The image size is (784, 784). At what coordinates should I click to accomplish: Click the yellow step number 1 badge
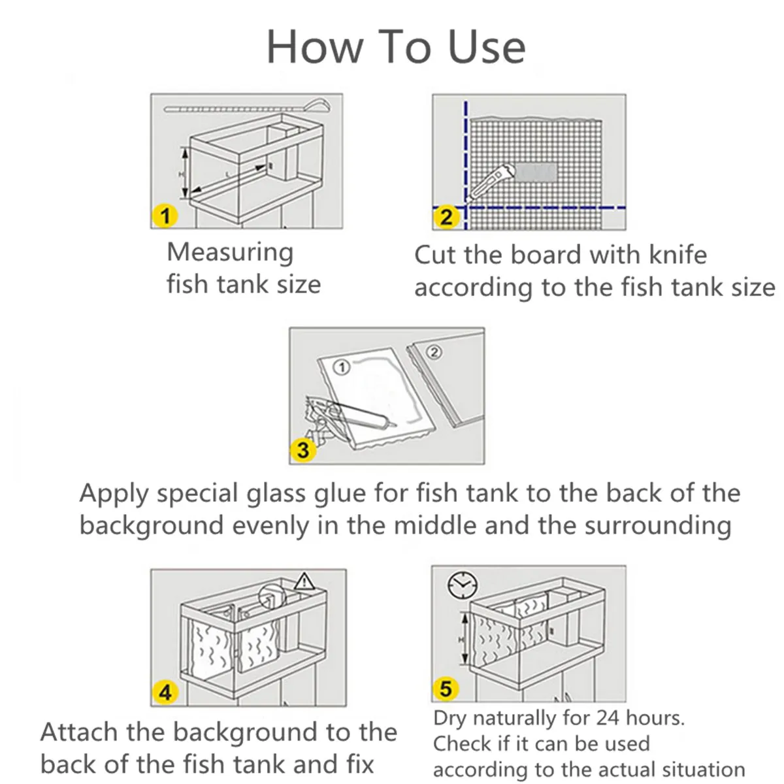point(165,215)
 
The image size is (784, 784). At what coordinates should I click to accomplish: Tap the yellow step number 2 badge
point(446,217)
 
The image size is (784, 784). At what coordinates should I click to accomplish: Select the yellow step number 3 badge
point(303,450)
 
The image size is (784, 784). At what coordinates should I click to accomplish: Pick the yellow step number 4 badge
point(165,692)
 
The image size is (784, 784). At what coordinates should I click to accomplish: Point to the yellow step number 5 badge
point(446,689)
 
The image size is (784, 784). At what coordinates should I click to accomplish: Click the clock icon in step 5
point(462,585)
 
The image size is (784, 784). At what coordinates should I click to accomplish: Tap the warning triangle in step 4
point(304,581)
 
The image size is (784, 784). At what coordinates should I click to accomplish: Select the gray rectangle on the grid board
point(536,172)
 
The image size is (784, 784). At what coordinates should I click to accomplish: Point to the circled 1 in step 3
point(342,367)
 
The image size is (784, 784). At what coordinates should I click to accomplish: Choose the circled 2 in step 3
point(434,352)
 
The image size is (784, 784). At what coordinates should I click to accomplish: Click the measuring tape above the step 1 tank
point(248,107)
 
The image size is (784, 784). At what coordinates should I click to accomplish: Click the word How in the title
point(314,48)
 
